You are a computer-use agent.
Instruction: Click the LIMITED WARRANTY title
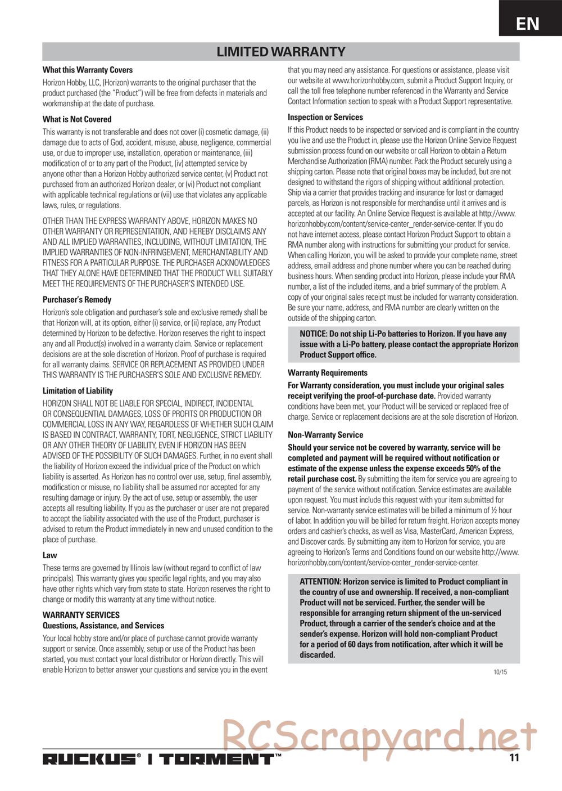pyautogui.click(x=281, y=52)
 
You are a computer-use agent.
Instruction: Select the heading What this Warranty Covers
pyautogui.click(x=88, y=70)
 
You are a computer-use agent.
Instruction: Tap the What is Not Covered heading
pyautogui.click(x=77, y=119)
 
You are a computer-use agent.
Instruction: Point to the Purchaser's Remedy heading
pyautogui.click(x=77, y=300)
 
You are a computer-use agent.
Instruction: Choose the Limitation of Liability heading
pyautogui.click(x=78, y=391)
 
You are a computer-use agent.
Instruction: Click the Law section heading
pyautogui.click(x=50, y=555)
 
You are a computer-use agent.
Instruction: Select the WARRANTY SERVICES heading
pyautogui.click(x=81, y=615)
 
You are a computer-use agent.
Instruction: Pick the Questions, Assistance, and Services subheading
pyautogui.click(x=103, y=626)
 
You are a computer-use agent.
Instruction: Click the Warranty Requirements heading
pyautogui.click(x=328, y=373)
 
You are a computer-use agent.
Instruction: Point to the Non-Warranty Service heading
pyautogui.click(x=325, y=435)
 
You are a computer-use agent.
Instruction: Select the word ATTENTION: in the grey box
pyautogui.click(x=320, y=582)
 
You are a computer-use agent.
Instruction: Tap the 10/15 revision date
pyautogui.click(x=500, y=672)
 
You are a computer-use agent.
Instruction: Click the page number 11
pyautogui.click(x=514, y=758)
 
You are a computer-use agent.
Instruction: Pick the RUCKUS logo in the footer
pyautogui.click(x=90, y=759)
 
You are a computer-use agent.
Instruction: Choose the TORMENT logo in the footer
pyautogui.click(x=217, y=759)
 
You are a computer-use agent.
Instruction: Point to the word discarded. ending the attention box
pyautogui.click(x=318, y=655)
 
